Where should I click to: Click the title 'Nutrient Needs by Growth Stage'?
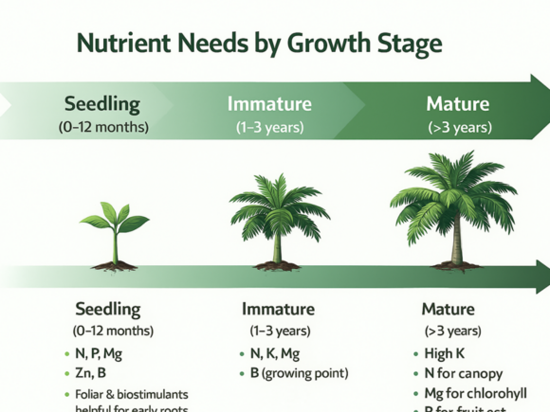tap(258, 45)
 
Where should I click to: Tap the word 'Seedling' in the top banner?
tap(101, 103)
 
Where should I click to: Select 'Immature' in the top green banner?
tap(269, 103)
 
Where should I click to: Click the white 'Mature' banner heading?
tap(458, 103)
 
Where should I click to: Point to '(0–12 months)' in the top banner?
tap(102, 127)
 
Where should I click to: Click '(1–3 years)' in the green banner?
tap(269, 127)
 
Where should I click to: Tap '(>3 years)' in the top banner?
tap(459, 127)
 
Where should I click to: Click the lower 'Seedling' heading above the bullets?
tap(107, 309)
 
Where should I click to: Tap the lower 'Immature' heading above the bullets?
tap(278, 309)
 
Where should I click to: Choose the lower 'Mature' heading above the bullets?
tap(448, 309)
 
